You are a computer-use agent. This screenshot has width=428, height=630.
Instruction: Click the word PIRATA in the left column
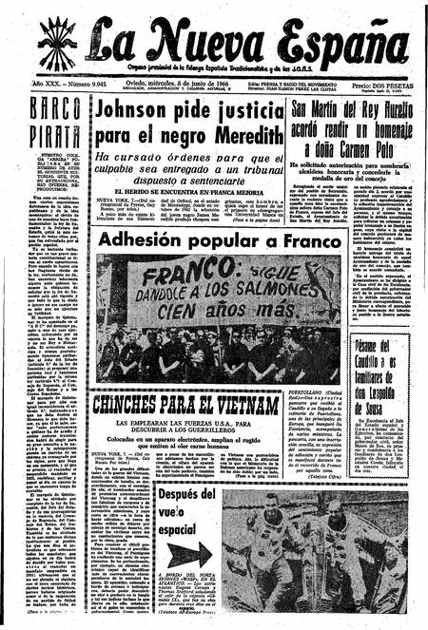pos(54,138)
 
